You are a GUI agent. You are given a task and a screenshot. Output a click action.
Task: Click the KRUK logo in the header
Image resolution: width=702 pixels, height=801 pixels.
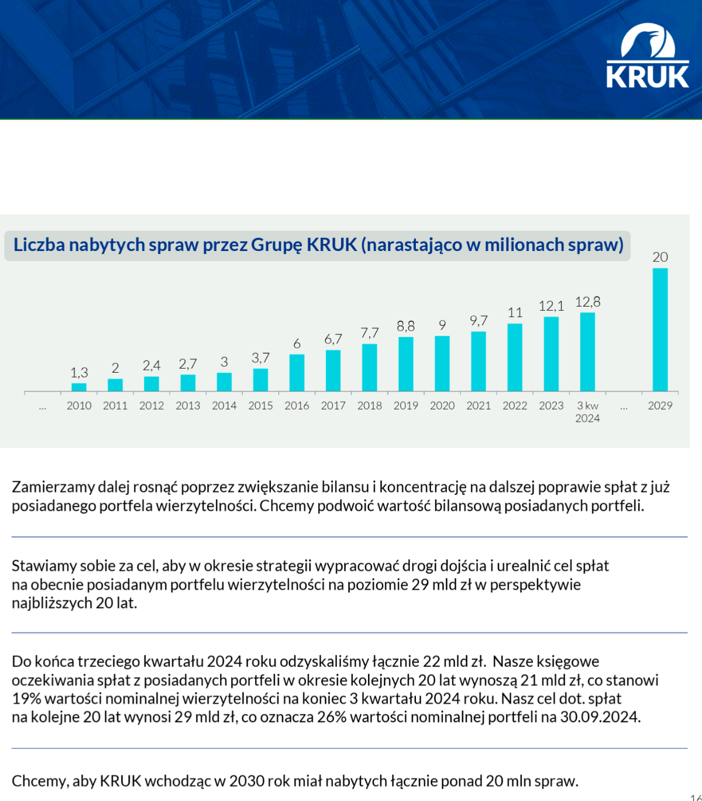point(648,57)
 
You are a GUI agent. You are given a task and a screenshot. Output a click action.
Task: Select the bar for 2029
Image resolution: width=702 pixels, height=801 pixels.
point(660,329)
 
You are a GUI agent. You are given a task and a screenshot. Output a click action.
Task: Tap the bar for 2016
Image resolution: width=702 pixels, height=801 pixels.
point(297,372)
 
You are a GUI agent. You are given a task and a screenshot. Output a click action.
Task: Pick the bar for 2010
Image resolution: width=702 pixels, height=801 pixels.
point(79,387)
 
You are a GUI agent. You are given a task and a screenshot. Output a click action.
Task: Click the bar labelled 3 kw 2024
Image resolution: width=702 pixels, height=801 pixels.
point(587,351)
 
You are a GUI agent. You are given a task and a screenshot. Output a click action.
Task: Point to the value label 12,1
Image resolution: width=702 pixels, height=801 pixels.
point(551,306)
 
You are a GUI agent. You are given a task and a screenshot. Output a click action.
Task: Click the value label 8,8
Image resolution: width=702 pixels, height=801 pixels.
point(406,326)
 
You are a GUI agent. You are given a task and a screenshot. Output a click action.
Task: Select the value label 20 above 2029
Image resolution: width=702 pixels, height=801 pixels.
point(660,257)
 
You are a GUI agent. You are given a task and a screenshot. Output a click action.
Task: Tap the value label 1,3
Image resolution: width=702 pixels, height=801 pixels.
point(79,373)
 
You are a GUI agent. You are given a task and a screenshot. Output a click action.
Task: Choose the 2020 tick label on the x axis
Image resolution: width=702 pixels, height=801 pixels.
point(442,405)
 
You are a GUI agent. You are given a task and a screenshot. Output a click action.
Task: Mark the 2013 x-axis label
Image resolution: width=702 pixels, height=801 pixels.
point(188,405)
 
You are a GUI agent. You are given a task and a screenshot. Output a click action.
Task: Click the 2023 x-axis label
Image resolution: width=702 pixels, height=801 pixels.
point(551,405)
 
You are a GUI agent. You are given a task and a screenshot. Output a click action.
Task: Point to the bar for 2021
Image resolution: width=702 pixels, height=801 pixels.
point(479,361)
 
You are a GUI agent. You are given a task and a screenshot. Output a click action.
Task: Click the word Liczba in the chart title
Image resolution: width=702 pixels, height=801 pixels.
point(39,245)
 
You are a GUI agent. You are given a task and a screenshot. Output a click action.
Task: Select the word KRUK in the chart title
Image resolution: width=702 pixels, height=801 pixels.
point(332,245)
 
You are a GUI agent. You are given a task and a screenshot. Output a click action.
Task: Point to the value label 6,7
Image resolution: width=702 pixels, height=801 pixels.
point(333,339)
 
